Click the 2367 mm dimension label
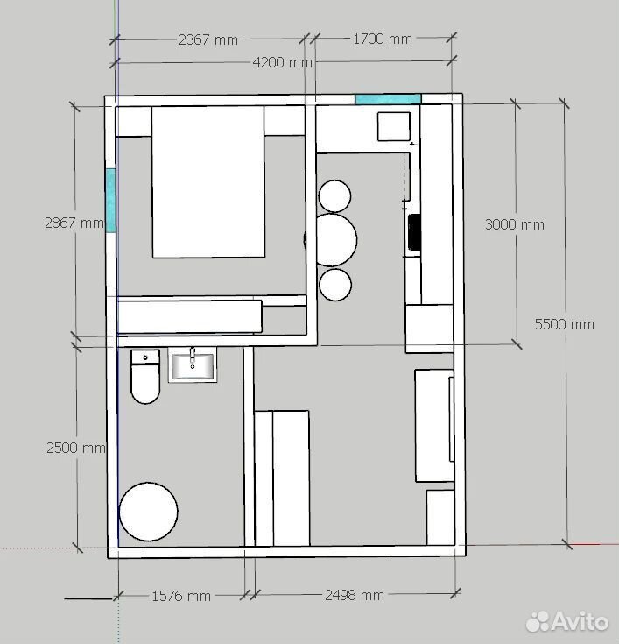208,39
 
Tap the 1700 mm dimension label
383,39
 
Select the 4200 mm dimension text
283,62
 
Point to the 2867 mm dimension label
74,223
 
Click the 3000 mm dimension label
515,224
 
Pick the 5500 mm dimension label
565,324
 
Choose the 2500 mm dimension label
76,448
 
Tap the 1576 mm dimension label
181,596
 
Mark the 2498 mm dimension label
355,595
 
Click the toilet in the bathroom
145,376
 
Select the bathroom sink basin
193,365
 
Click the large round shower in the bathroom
148,512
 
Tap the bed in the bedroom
208,182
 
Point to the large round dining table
335,240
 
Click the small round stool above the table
334,196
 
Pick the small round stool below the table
335,285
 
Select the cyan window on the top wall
388,99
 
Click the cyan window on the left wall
110,201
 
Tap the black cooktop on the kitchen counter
414,232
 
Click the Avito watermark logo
566,621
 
